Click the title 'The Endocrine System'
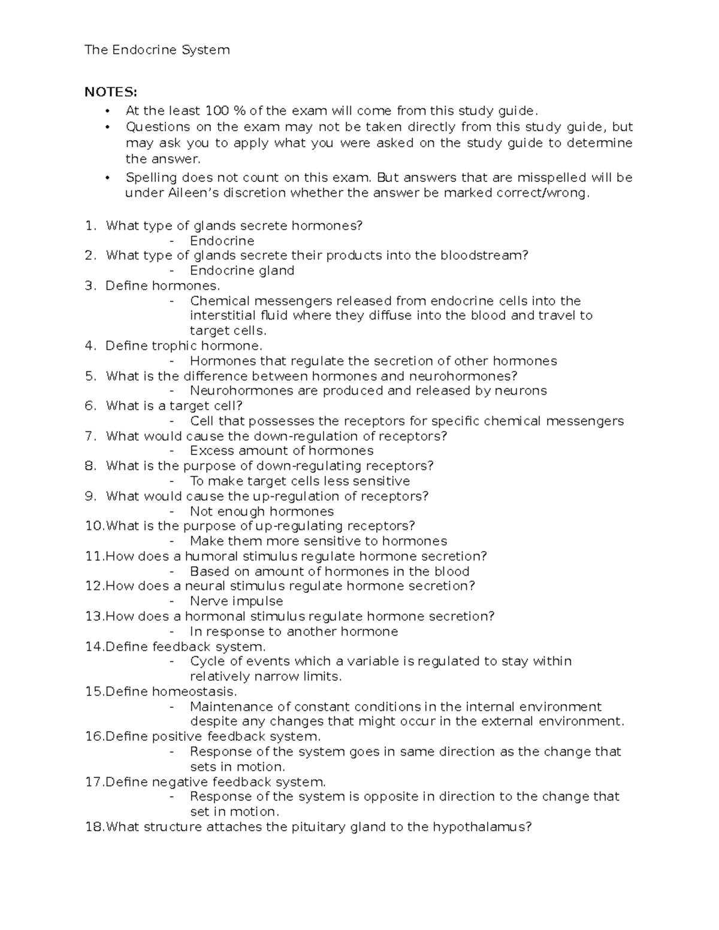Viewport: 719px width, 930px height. tap(157, 50)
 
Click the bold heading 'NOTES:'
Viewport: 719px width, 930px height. tap(111, 92)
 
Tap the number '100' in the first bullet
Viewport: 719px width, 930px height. tap(217, 111)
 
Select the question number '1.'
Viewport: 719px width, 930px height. tap(90, 226)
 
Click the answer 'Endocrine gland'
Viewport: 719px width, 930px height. tap(242, 271)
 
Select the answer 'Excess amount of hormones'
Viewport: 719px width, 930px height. tap(282, 451)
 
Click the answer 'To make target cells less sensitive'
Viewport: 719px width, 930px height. tap(300, 481)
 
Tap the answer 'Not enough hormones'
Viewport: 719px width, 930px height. tap(262, 511)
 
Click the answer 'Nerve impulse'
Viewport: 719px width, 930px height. tap(236, 601)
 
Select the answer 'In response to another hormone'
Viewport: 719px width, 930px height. tap(294, 632)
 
